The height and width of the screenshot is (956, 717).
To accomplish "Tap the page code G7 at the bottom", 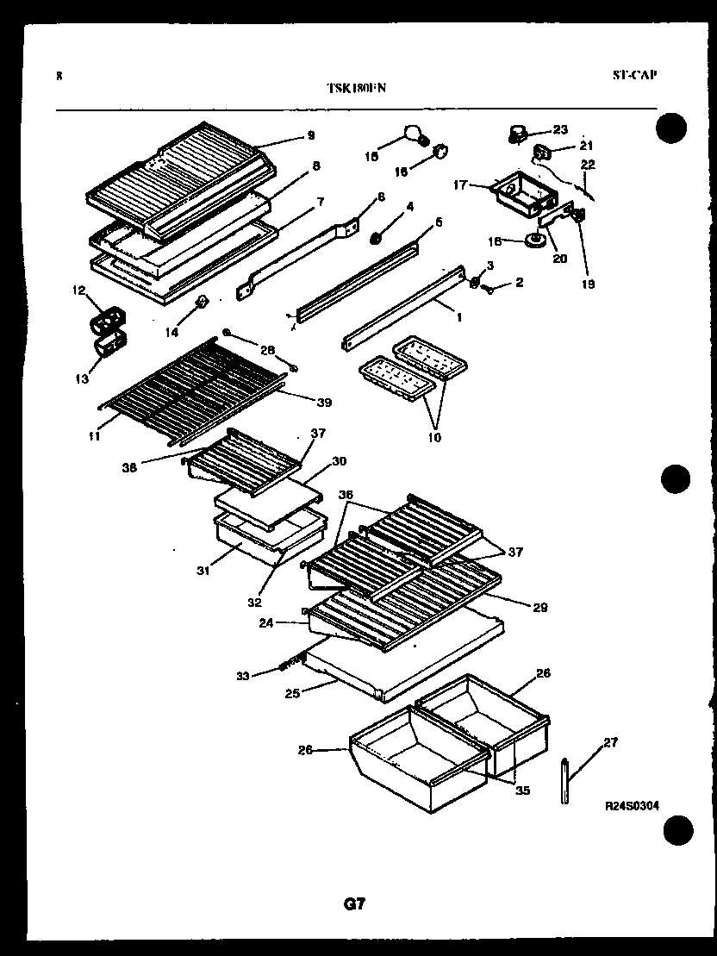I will coord(354,903).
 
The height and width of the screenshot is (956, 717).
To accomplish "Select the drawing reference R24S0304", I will coord(632,806).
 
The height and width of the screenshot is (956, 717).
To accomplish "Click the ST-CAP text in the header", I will coord(634,75).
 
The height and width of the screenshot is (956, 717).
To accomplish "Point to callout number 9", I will coord(310,135).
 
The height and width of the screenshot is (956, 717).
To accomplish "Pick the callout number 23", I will coord(560,129).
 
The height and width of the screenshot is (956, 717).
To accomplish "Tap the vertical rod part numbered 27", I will coord(564,779).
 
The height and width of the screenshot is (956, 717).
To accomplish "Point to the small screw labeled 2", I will coord(490,290).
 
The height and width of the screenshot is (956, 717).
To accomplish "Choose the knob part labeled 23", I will coord(517,134).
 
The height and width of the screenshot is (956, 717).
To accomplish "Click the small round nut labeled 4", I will coord(377,236).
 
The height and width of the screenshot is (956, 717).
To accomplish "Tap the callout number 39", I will coord(323,402).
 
